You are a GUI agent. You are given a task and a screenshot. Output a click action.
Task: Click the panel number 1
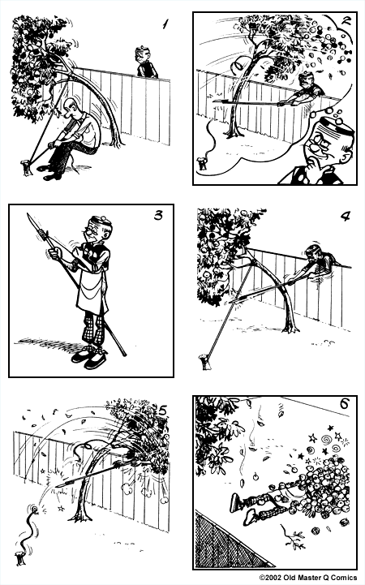165,24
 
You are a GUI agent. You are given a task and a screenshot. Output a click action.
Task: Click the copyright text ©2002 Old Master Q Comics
312,578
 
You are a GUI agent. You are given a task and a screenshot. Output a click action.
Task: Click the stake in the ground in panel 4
199,360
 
